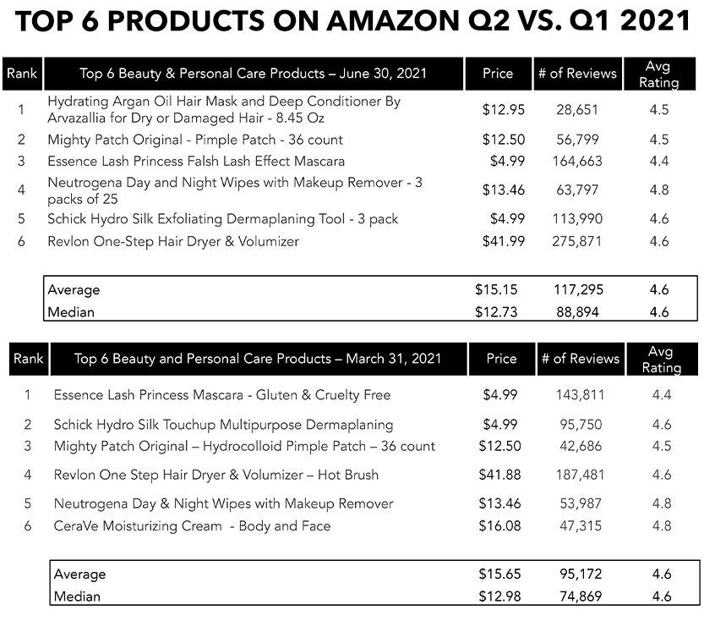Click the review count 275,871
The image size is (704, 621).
(x=579, y=242)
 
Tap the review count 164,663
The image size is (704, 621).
(x=579, y=161)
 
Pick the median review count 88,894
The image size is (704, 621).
(x=579, y=312)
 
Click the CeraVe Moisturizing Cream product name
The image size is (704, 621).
(x=192, y=526)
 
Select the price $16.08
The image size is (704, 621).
(x=501, y=526)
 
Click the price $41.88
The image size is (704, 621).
(x=501, y=475)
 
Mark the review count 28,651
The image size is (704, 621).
(x=579, y=110)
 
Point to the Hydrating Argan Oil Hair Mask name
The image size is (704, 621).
(x=224, y=110)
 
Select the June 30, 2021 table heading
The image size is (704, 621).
(x=253, y=74)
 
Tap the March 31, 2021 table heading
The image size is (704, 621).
(x=257, y=359)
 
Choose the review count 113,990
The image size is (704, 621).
(x=579, y=219)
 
